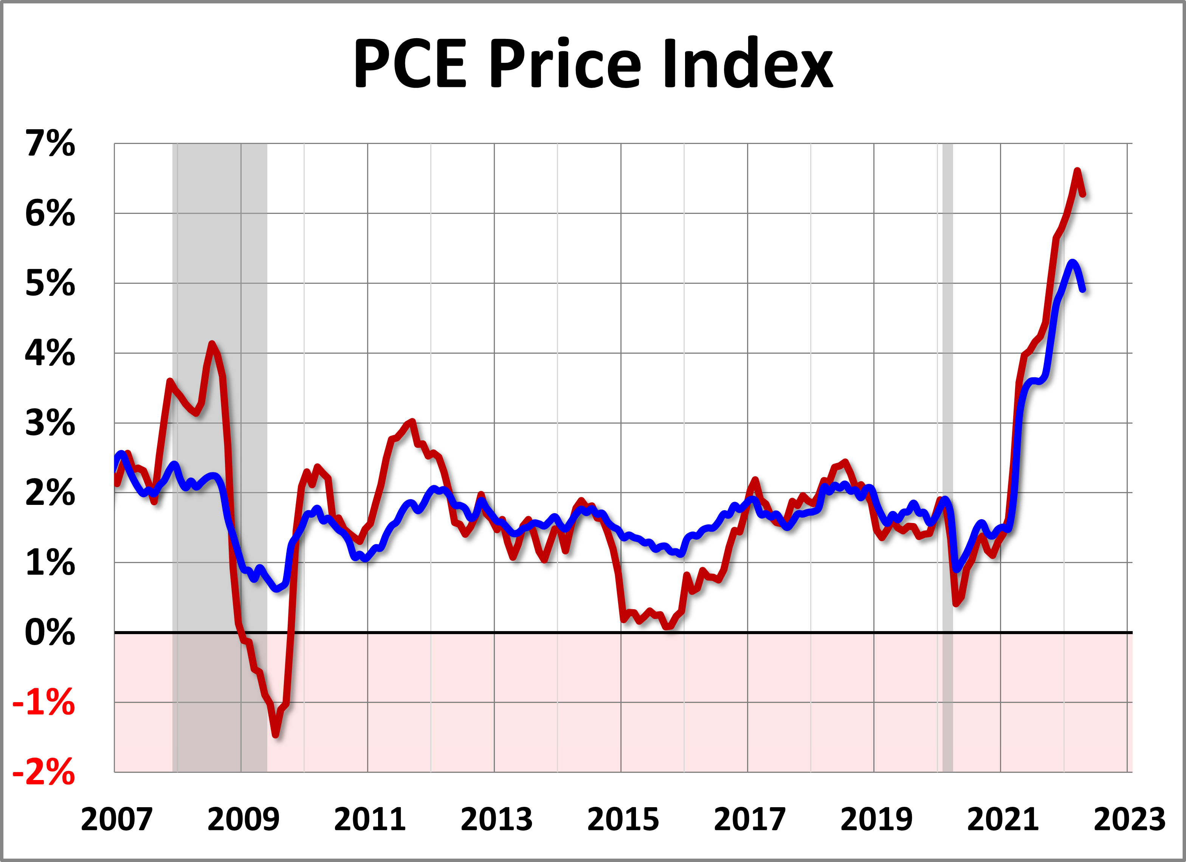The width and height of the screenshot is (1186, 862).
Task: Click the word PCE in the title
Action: point(409,64)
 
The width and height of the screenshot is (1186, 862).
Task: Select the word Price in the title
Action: point(564,64)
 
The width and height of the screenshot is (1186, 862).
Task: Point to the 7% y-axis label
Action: point(50,143)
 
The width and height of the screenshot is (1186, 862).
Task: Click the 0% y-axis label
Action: point(50,633)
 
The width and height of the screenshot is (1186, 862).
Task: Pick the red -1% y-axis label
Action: point(44,703)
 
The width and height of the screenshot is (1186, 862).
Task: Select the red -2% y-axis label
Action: point(44,772)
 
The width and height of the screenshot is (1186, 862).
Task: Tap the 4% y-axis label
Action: point(50,353)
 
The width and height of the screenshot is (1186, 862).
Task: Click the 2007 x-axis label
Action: point(116,819)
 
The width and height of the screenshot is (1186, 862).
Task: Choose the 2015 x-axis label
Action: point(623,819)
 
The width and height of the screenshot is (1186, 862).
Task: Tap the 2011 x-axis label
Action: point(370,819)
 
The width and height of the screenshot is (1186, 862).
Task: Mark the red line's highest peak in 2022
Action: point(1077,171)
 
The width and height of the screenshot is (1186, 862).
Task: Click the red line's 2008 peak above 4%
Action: point(212,344)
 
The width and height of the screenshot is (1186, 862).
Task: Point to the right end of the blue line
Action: point(1084,289)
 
